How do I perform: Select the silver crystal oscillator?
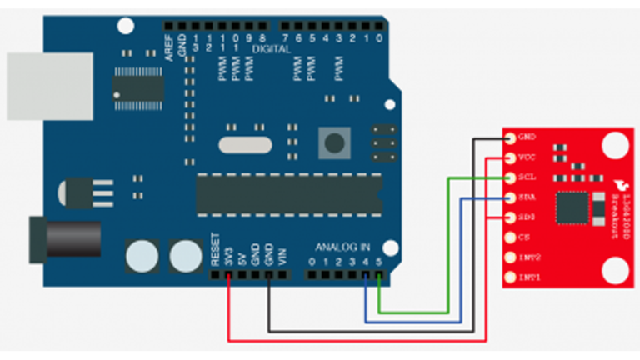[246, 144]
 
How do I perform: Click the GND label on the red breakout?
[527, 137]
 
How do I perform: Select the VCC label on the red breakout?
[527, 157]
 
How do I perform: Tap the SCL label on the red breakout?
[527, 177]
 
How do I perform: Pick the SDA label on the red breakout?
[527, 197]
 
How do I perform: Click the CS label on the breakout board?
[524, 237]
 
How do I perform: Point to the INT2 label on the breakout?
[529, 257]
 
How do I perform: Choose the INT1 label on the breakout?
[529, 277]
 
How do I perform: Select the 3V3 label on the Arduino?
[229, 254]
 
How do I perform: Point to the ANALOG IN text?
[343, 247]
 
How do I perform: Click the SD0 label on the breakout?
[527, 217]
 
